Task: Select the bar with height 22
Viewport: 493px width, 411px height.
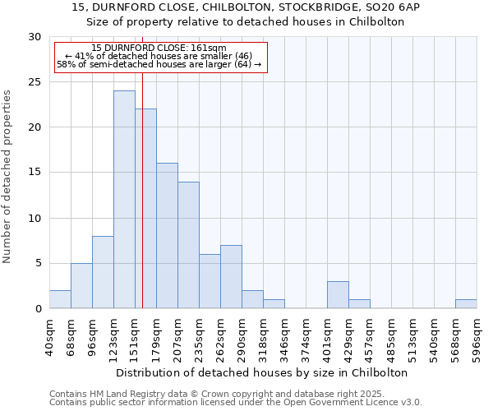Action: (145, 209)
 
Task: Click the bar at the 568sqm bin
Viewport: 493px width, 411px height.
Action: (466, 304)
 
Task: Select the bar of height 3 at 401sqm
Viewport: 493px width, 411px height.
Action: (338, 295)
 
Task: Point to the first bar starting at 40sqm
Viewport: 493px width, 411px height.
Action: (60, 299)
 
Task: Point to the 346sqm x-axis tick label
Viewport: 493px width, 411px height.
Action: (284, 337)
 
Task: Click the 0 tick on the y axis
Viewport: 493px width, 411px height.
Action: (38, 309)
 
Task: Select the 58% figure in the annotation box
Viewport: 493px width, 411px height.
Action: (64, 64)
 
